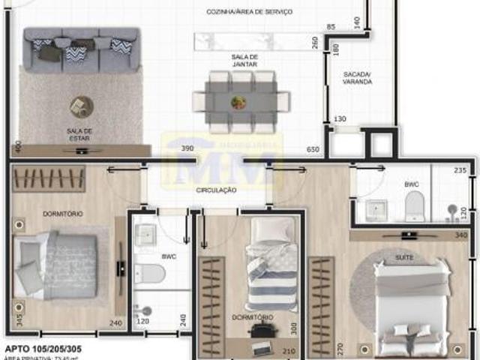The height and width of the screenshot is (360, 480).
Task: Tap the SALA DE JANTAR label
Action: click(244, 61)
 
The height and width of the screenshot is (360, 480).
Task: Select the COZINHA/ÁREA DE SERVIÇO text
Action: click(250, 13)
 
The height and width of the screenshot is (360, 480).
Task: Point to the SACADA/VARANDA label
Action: click(358, 78)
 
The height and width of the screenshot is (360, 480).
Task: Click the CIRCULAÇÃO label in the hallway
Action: click(216, 190)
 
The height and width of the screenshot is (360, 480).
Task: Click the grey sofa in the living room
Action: click(81, 49)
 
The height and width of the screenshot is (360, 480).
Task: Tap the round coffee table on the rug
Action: click(80, 107)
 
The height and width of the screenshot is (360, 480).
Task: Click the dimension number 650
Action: click(313, 150)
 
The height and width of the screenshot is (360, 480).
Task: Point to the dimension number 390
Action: click(187, 149)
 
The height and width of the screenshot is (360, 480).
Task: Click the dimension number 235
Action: click(461, 171)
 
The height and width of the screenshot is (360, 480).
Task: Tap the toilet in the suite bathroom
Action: click(415, 205)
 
